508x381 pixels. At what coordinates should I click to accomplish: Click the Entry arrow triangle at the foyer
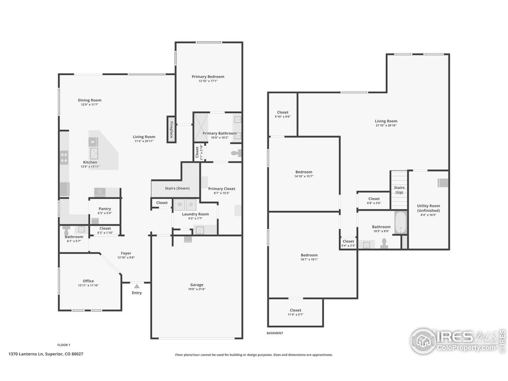point(136,286)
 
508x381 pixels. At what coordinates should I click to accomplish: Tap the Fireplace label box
point(171,128)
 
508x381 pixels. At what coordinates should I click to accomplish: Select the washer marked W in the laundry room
point(180,205)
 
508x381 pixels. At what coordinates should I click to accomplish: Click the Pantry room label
point(105,209)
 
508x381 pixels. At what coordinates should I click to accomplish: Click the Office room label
point(88,281)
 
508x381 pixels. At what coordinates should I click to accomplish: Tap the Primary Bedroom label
point(208,76)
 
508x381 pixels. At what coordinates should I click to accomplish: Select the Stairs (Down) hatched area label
point(177,188)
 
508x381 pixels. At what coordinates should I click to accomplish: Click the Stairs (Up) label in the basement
point(399,190)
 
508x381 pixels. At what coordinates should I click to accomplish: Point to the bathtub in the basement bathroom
point(401,223)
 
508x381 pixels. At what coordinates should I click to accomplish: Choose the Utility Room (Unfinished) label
point(428,208)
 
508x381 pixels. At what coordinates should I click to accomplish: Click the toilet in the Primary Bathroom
point(236,153)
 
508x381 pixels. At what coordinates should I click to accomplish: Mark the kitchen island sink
point(95,153)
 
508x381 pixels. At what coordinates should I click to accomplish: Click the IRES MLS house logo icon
point(423,340)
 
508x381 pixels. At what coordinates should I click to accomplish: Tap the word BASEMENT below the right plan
point(275,333)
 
